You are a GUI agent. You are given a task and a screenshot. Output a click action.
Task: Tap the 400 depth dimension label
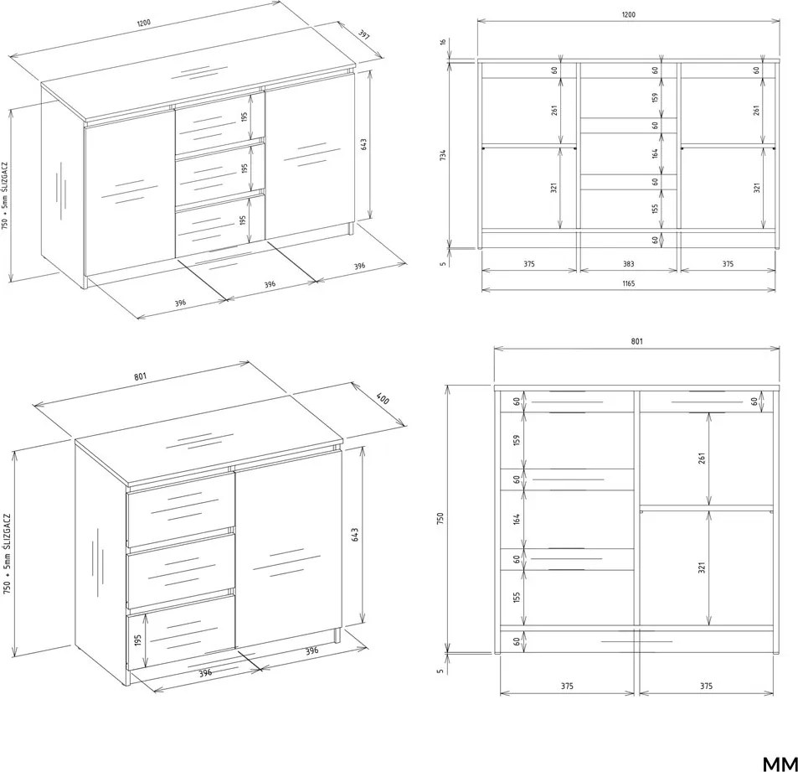[383, 398]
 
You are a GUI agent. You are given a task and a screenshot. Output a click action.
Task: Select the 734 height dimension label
[443, 155]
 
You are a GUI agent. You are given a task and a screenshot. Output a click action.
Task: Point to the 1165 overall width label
[629, 283]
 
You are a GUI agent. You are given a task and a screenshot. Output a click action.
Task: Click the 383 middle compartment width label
[629, 264]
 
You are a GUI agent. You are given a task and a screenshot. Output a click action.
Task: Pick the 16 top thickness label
[443, 42]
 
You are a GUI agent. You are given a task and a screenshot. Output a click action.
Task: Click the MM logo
[780, 764]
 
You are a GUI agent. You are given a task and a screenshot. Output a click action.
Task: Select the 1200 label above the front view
[629, 14]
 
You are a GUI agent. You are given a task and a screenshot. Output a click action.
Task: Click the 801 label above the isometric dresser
[141, 376]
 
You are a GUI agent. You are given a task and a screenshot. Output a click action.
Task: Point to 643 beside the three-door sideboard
[363, 145]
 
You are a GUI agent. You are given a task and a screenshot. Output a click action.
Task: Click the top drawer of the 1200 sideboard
[220, 117]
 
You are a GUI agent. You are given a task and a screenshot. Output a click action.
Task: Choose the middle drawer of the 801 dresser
[181, 571]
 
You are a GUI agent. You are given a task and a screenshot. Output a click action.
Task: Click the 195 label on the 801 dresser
[138, 640]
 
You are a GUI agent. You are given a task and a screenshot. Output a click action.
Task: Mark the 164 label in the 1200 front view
[656, 153]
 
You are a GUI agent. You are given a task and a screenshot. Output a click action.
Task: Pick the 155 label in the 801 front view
[517, 597]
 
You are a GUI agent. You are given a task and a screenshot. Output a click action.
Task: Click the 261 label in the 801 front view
[702, 459]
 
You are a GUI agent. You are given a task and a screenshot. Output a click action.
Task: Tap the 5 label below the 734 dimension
[443, 263]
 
